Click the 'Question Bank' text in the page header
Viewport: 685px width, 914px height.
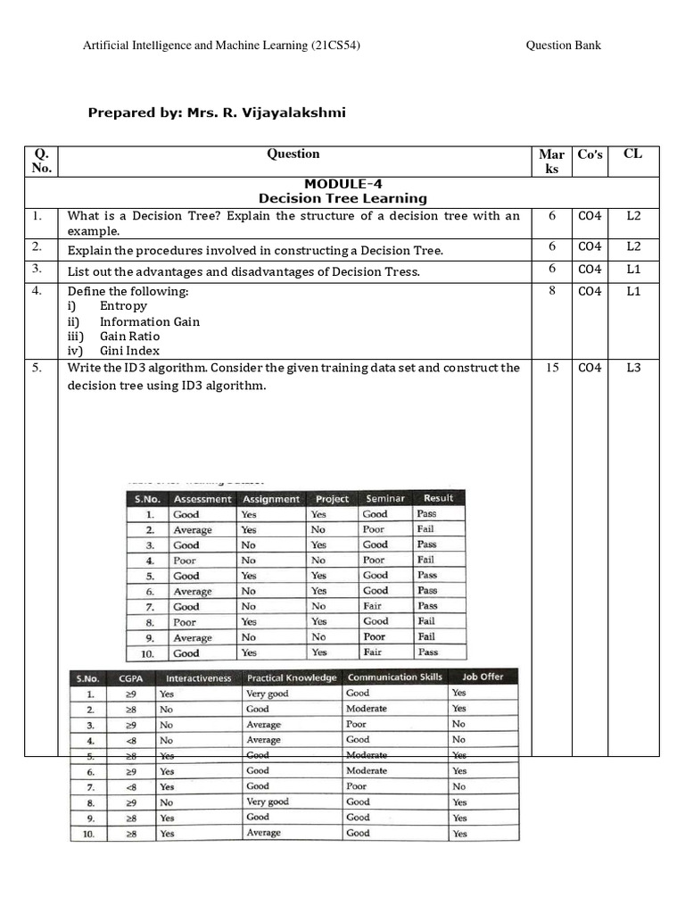click(x=563, y=46)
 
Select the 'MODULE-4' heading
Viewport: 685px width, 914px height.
click(x=342, y=184)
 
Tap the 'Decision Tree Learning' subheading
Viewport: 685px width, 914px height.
click(x=342, y=198)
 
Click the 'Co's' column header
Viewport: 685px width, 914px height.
click(x=590, y=154)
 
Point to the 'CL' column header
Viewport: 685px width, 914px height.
click(x=632, y=154)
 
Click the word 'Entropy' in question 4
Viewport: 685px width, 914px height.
click(x=123, y=306)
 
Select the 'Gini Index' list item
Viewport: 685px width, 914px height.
click(x=129, y=351)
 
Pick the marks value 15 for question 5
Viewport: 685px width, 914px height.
click(x=552, y=367)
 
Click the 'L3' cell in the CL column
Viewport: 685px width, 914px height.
click(x=633, y=367)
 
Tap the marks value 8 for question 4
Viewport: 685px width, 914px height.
click(x=552, y=291)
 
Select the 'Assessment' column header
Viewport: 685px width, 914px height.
click(x=202, y=499)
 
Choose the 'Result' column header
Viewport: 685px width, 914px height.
click(x=438, y=498)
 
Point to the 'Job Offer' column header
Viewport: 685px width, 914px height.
click(x=483, y=677)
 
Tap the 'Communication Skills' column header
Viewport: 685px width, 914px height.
click(x=394, y=677)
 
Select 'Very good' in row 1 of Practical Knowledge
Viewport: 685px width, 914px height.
click(x=268, y=693)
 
